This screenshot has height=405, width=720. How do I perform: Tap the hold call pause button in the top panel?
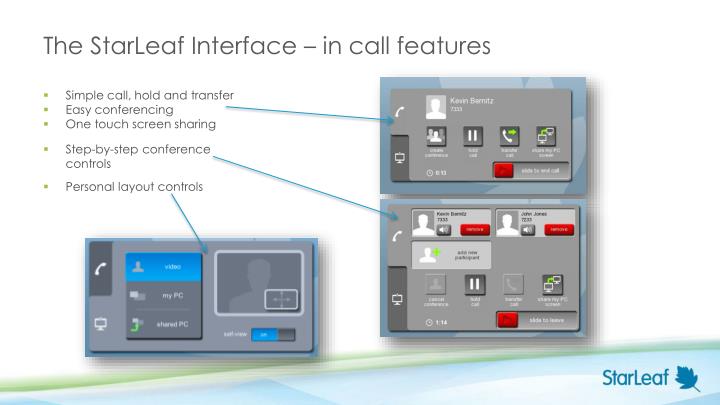pyautogui.click(x=475, y=137)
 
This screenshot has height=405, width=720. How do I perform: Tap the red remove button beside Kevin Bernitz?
pyautogui.click(x=474, y=229)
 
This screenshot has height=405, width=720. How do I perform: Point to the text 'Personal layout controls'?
pyautogui.click(x=133, y=185)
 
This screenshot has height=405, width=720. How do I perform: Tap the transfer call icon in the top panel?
pyautogui.click(x=510, y=137)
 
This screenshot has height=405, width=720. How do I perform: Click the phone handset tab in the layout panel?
pyautogui.click(x=101, y=267)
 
